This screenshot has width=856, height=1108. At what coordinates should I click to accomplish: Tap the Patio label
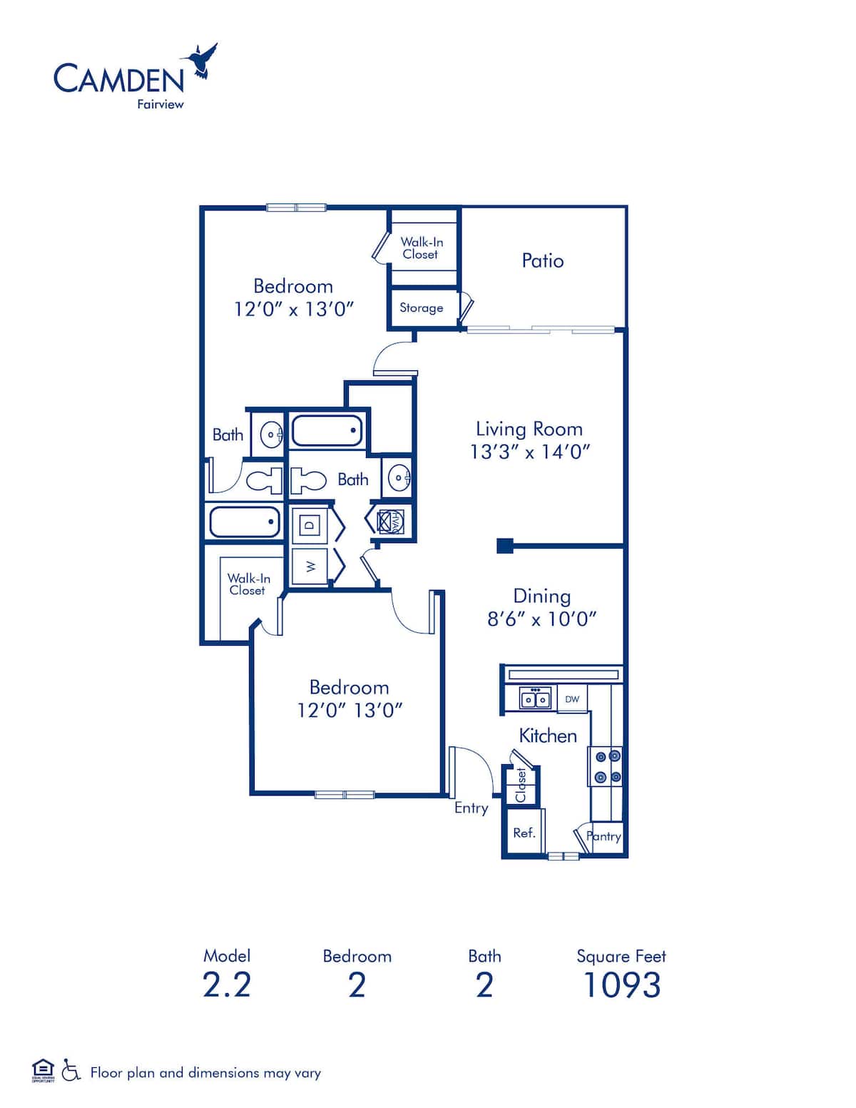pos(542,260)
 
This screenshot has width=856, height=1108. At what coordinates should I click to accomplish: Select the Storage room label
pos(421,308)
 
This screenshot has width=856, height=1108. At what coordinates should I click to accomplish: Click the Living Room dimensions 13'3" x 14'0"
pos(529,452)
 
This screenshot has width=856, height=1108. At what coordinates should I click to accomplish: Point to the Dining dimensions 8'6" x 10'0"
pos(541,619)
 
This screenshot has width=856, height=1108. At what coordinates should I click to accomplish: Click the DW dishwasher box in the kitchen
pos(572,699)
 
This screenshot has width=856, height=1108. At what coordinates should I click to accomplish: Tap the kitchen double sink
pos(534,699)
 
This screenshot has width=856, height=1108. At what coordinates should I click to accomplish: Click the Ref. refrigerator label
pos(524,833)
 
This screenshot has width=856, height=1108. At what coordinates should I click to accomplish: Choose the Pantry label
pos(604,836)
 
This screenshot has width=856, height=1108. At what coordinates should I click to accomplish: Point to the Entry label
pos(471,808)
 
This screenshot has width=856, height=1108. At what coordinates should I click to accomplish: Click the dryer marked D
pos(310,525)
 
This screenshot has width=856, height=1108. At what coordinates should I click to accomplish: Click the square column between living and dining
pos(504,546)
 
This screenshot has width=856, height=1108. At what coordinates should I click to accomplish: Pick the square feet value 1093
pos(621,985)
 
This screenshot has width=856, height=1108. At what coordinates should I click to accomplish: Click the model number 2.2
pos(227,985)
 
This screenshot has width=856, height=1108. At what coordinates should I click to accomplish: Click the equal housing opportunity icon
pos(43,1070)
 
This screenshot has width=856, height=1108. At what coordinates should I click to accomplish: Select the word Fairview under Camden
pos(160,104)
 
